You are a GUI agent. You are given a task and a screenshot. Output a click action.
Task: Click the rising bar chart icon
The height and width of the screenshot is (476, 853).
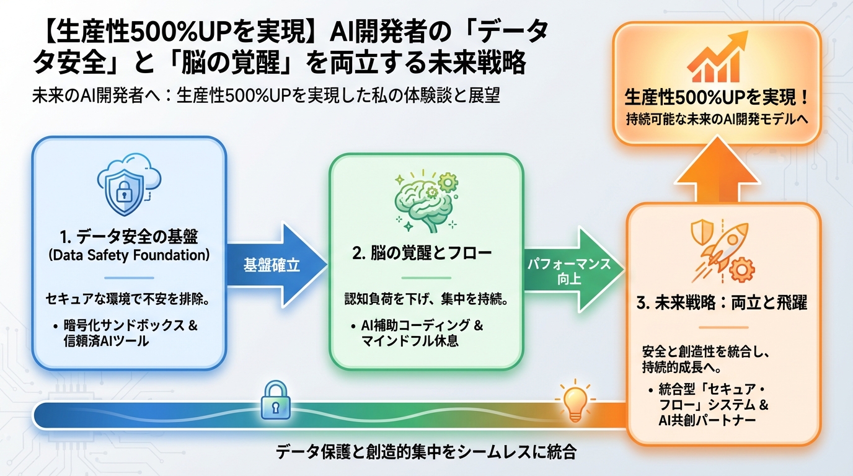click(x=718, y=59)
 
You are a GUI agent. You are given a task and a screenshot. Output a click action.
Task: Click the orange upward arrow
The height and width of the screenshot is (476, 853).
click(x=717, y=177)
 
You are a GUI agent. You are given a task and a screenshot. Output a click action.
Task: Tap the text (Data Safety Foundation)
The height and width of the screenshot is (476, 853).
click(x=128, y=255)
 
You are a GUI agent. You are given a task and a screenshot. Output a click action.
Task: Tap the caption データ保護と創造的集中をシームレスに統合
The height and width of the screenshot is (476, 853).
click(x=427, y=452)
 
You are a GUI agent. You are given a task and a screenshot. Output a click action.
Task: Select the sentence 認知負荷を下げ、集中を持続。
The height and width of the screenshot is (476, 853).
click(x=427, y=301)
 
